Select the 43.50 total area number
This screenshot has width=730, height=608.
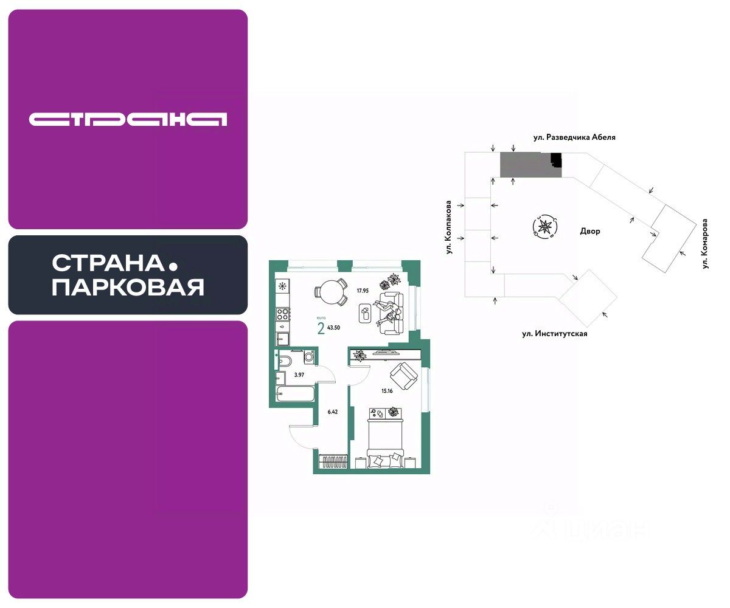[333, 327]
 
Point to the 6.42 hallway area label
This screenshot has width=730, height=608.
[332, 412]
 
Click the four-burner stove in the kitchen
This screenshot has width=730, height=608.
[283, 314]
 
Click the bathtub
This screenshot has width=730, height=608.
[294, 395]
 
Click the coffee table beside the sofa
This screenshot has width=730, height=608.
[365, 314]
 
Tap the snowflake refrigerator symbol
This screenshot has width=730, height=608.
[282, 286]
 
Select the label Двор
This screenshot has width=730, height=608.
[590, 232]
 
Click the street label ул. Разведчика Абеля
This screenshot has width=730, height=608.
[574, 137]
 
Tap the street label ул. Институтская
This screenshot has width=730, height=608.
[554, 334]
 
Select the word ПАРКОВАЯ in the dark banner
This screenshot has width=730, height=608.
[128, 287]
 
